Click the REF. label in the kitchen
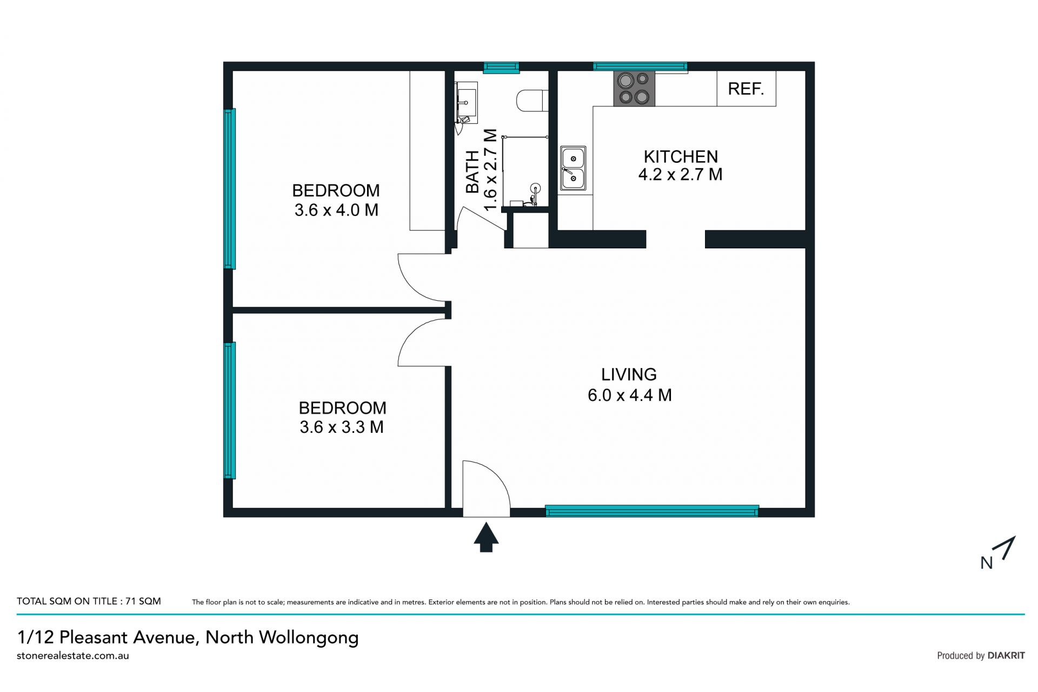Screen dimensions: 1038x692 point(746,89)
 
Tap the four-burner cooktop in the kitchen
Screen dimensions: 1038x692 point(634,88)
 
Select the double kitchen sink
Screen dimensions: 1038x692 point(573,168)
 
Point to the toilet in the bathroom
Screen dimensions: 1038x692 point(533,101)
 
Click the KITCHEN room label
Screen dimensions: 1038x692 point(681,156)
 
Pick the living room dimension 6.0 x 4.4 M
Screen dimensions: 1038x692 point(629,395)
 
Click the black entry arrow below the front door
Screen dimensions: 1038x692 point(486,537)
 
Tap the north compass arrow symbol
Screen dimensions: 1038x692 point(1007,548)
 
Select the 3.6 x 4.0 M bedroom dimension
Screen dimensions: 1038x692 point(336,210)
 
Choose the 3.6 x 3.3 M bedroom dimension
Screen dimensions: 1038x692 point(342,427)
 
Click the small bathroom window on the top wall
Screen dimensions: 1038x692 point(501,67)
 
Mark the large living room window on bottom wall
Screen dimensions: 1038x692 point(651,511)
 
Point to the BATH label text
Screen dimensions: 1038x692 point(473,172)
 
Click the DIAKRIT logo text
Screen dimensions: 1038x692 point(1006,656)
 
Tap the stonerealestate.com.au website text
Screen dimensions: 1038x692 point(73,656)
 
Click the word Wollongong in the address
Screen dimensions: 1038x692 point(309,637)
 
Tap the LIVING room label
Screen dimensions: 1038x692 point(629,374)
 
